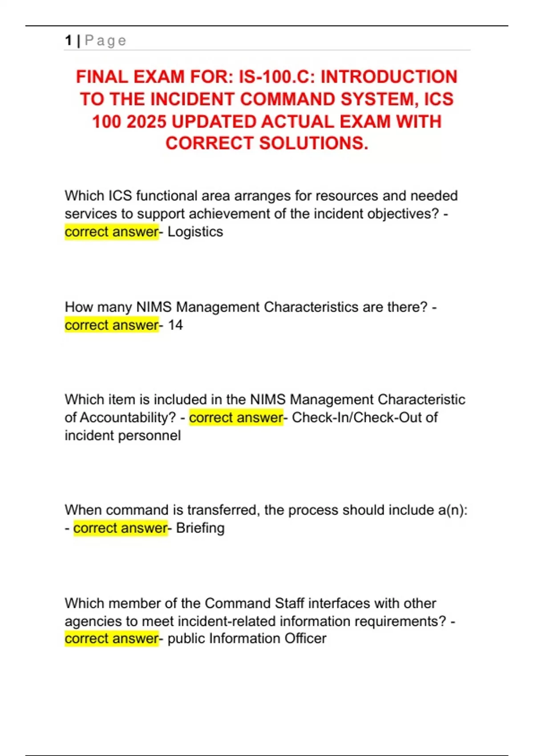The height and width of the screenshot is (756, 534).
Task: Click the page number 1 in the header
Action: click(69, 40)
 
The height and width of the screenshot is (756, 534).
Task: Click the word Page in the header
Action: click(105, 40)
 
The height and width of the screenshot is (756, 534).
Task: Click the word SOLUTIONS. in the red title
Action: click(314, 143)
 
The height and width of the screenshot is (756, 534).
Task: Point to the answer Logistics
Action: click(195, 232)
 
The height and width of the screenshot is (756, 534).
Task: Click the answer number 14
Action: click(175, 325)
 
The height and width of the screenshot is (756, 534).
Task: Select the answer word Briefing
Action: click(200, 528)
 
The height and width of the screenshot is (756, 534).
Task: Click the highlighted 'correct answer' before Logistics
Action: click(111, 232)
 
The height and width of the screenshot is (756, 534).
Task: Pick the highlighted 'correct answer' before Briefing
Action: click(120, 528)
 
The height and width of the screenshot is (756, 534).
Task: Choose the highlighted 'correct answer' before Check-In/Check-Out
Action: click(236, 418)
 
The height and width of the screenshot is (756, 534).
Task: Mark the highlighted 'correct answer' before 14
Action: click(111, 325)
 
